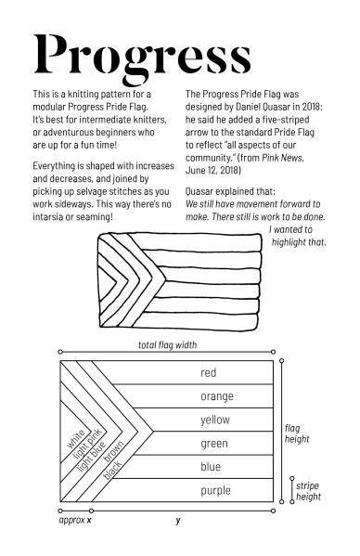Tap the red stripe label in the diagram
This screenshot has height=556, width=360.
209,373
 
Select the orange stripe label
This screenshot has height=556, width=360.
216,396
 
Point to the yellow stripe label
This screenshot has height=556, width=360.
215,420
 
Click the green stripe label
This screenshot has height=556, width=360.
214,444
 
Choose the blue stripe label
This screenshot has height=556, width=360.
211,467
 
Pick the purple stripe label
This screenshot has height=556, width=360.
215,490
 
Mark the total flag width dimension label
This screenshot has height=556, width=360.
167,345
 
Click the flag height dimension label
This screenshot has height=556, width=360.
297,433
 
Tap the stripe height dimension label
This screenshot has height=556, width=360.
308,491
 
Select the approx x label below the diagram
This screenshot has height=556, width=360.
75,521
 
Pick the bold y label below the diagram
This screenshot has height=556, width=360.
178,521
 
